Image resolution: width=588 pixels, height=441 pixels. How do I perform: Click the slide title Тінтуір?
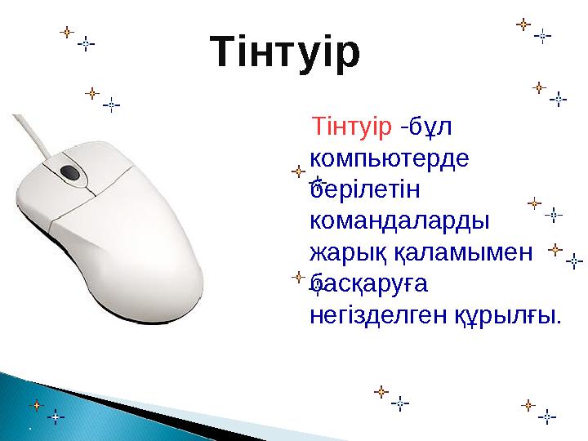(x=285, y=51)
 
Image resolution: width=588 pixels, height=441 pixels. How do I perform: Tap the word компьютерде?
(x=390, y=158)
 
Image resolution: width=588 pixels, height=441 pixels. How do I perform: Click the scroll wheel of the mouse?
(x=70, y=172)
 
